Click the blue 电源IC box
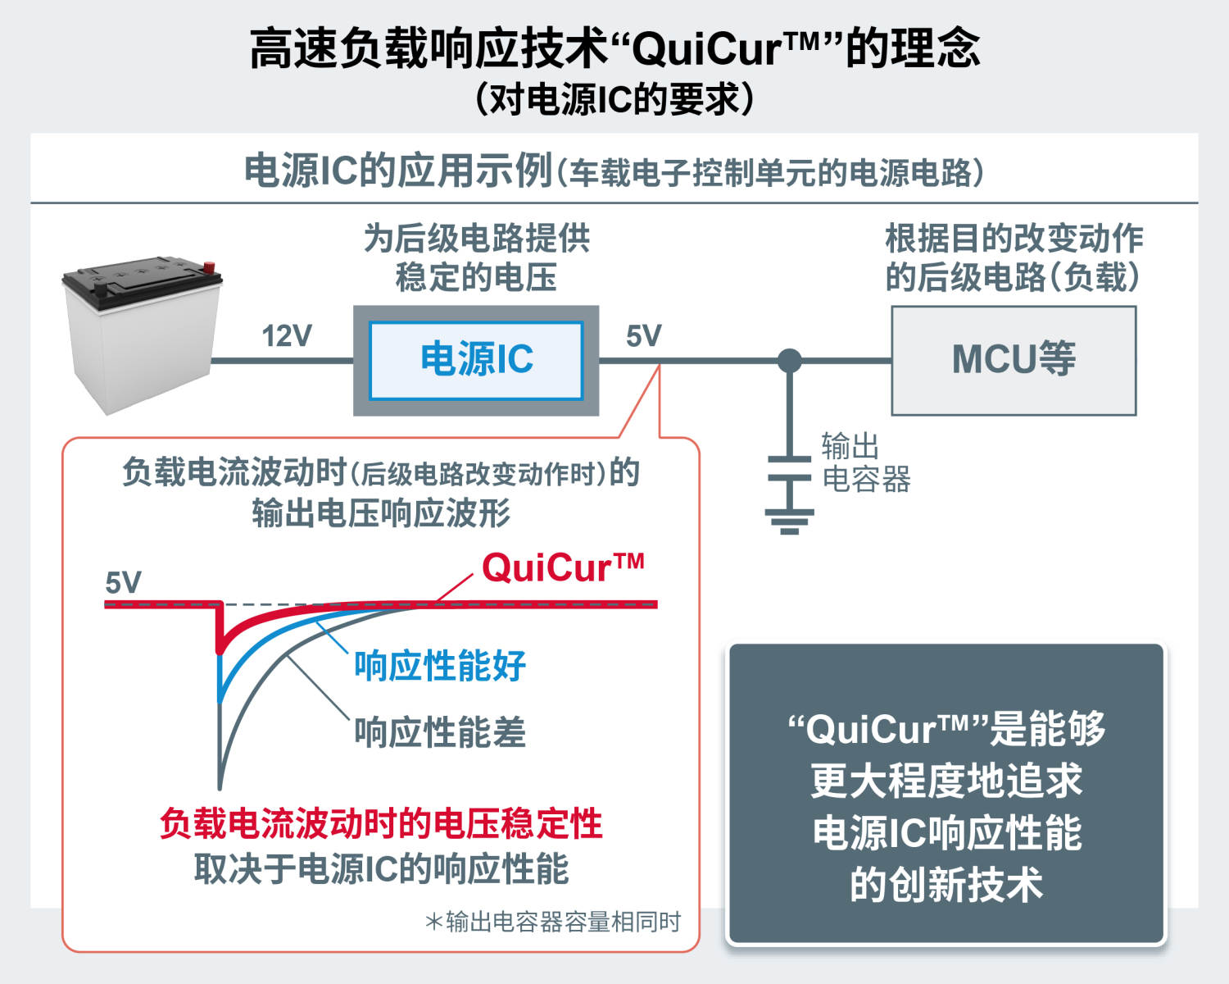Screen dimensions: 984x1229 (476, 360)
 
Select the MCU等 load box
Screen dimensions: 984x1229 (1014, 360)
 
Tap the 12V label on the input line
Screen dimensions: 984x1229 (287, 335)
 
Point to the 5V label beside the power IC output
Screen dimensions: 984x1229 (643, 335)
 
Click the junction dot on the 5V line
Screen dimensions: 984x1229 (789, 360)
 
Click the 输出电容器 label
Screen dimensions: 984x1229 (865, 463)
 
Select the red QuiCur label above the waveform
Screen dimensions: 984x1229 (563, 567)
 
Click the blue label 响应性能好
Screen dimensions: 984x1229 (440, 666)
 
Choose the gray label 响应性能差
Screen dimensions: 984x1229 (440, 732)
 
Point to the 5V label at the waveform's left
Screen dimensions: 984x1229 (123, 583)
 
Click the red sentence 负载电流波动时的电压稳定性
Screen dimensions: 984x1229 (381, 823)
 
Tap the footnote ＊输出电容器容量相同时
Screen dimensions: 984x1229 (553, 922)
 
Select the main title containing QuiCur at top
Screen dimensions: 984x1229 (614, 48)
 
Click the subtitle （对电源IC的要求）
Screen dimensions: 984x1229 (614, 99)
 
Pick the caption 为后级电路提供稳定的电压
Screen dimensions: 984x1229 (476, 257)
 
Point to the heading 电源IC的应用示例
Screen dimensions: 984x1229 (398, 171)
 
